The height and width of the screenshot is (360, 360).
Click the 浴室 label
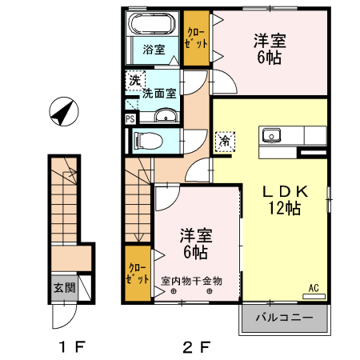pos(154,50)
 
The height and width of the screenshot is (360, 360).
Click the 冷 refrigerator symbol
pos(224,140)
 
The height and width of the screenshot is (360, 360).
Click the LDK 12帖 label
pos(284,200)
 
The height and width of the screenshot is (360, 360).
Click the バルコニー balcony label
pos(284,318)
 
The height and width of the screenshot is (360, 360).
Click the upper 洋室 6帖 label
pos(271,49)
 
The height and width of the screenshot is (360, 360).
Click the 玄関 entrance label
pos(64,288)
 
